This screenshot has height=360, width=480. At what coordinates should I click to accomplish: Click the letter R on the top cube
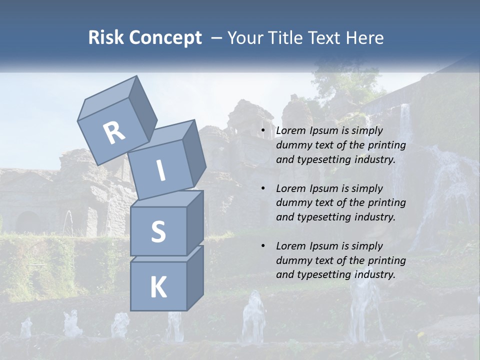[114, 132]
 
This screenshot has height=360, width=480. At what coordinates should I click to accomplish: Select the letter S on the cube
[158, 231]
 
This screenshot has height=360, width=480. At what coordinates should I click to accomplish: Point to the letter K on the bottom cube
[158, 287]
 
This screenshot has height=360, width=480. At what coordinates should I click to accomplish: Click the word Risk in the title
[106, 37]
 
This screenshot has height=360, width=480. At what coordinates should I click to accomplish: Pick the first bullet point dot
[263, 131]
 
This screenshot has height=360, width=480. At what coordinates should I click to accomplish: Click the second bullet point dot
[263, 188]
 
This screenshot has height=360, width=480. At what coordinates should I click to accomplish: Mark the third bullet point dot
[263, 246]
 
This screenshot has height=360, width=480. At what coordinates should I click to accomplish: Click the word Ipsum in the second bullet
[324, 188]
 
